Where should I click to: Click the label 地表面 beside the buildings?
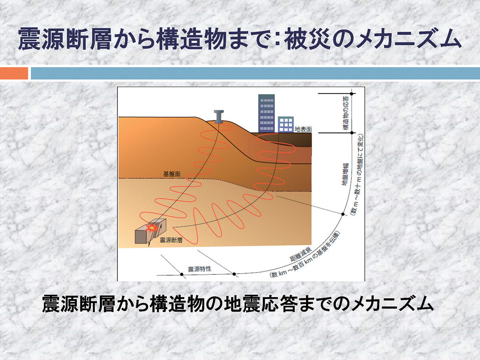pos(303,129)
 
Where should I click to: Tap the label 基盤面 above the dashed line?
pos(172,174)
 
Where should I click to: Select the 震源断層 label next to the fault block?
pos(171,240)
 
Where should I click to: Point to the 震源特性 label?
pos(200,269)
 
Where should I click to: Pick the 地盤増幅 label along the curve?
pos(345,174)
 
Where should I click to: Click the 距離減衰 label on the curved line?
pos(301,254)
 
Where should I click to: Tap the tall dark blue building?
pos(266,113)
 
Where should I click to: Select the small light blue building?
pos(286,124)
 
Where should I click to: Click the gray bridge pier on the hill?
pos(219,117)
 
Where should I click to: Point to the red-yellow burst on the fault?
pos(153,228)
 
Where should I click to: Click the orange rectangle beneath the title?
pos(14,73)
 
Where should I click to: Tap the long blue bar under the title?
pos(256,73)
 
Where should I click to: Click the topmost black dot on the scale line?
pos(352,94)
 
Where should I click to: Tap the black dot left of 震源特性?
pos(182,274)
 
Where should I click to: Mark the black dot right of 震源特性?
pos(234,274)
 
